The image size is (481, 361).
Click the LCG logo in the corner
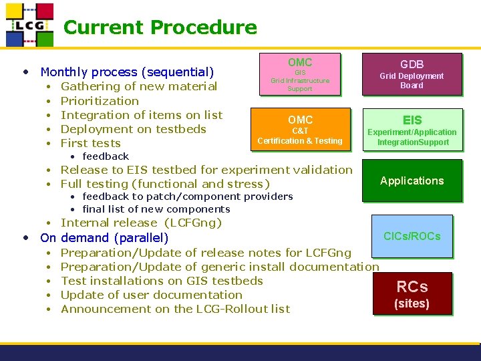pyautogui.click(x=29, y=25)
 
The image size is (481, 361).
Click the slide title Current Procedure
pyautogui.click(x=160, y=27)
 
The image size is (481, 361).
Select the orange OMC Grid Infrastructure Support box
pyautogui.click(x=300, y=74)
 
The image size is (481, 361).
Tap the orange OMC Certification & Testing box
pyautogui.click(x=300, y=129)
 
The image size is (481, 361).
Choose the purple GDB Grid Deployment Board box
pyautogui.click(x=412, y=74)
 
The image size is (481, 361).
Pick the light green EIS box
pyautogui.click(x=412, y=128)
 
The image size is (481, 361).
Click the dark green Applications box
pyautogui.click(x=412, y=180)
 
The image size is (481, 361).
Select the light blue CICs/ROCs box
pyautogui.click(x=412, y=236)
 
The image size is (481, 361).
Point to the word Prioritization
pyautogui.click(x=100, y=101)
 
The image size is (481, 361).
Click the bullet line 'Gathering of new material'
pyautogui.click(x=138, y=86)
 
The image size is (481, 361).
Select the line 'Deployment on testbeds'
pyautogui.click(x=133, y=129)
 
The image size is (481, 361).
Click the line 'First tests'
pyautogui.click(x=90, y=143)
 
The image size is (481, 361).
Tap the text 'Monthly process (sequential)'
pyautogui.click(x=127, y=72)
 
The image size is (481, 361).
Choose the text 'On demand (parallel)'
pyautogui.click(x=104, y=237)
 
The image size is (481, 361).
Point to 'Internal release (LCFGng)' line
pyautogui.click(x=141, y=223)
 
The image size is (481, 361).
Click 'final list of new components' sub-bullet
pyautogui.click(x=156, y=209)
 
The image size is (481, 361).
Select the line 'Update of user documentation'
pyautogui.click(x=151, y=295)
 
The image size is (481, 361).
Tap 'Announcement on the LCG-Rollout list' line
pyautogui.click(x=175, y=309)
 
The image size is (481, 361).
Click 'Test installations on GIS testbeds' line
pyautogui.click(x=162, y=281)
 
